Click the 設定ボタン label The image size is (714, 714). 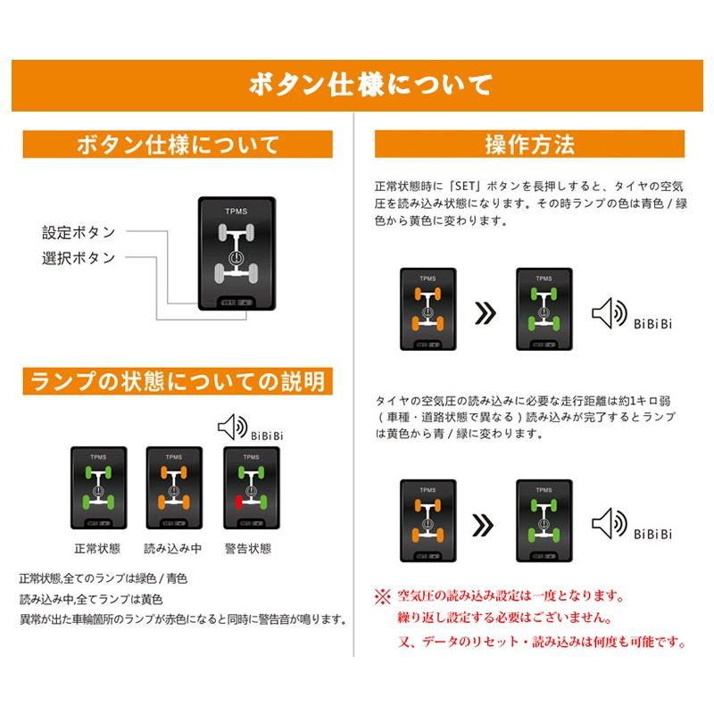[x=79, y=232]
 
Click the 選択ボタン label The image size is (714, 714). [x=79, y=258]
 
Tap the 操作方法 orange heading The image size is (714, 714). [x=529, y=144]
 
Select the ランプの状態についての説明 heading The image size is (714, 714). [x=178, y=382]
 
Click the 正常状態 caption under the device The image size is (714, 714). [x=98, y=549]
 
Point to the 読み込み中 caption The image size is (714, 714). [x=173, y=549]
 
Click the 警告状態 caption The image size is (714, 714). [x=249, y=549]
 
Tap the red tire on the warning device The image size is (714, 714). [x=239, y=503]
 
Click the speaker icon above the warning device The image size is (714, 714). [x=231, y=428]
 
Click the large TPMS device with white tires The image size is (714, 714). [x=237, y=254]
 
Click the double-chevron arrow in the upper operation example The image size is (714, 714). [x=485, y=314]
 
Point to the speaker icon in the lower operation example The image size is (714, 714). [x=610, y=524]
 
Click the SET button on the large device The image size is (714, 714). [x=228, y=303]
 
